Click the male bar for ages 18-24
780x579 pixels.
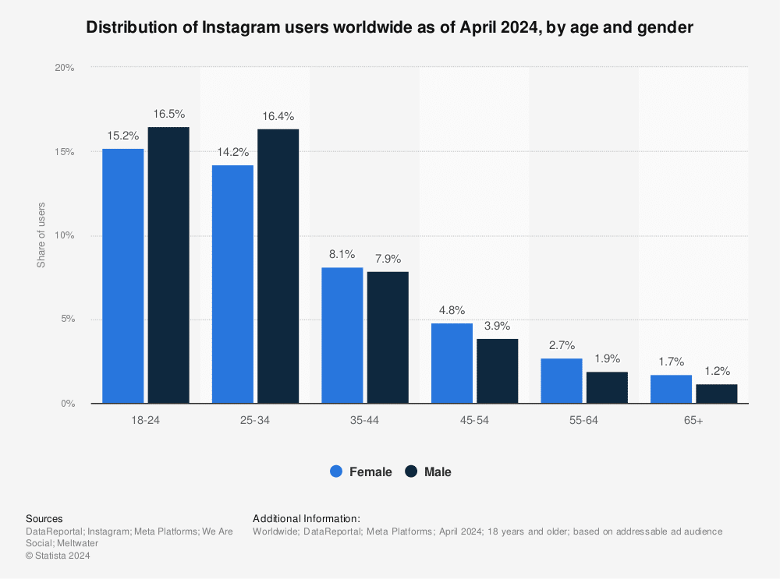(168, 265)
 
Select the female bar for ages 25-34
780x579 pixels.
(232, 284)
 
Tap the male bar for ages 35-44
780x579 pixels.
(388, 337)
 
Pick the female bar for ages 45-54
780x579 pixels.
(452, 363)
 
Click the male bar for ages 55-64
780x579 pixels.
(607, 387)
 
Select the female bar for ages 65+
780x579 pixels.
(671, 389)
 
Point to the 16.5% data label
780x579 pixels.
(168, 114)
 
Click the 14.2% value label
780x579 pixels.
(232, 152)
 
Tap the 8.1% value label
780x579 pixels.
(342, 254)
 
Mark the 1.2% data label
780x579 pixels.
(716, 371)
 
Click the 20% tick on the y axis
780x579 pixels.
(64, 68)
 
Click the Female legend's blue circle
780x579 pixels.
(336, 471)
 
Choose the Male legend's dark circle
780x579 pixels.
(411, 471)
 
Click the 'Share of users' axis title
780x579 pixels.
(41, 235)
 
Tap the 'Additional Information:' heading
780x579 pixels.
(306, 518)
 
